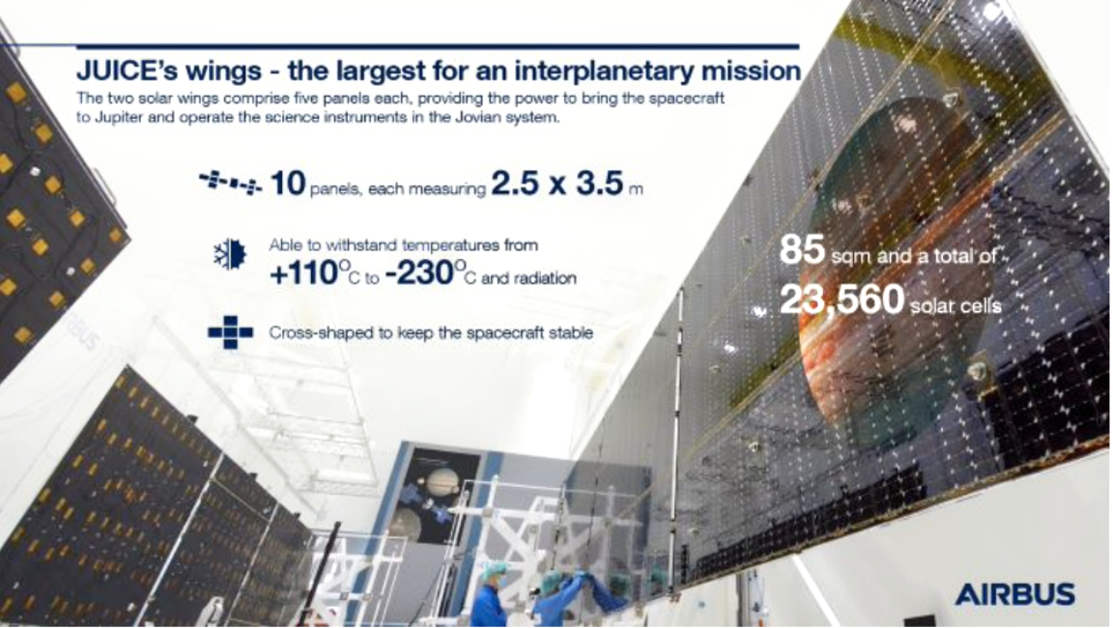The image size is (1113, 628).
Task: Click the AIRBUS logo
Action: point(1014,593)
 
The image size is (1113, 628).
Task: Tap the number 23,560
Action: point(839,300)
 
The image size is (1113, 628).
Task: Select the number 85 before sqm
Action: point(800,253)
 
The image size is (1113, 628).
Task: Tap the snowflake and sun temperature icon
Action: point(230,255)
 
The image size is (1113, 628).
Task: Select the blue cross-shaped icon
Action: point(230,332)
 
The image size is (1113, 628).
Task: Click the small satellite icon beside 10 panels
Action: point(229,184)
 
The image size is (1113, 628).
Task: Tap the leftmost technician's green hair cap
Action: point(493,570)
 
